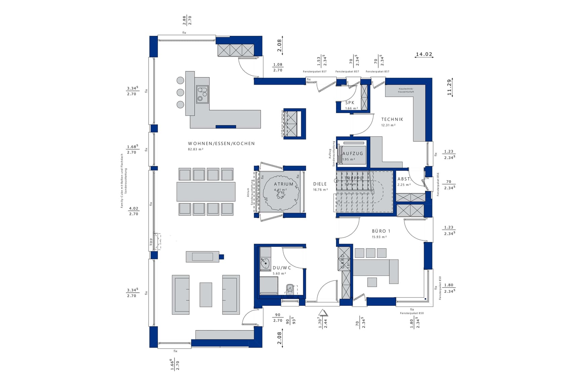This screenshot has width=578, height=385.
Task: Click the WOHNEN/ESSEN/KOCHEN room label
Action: (221, 144)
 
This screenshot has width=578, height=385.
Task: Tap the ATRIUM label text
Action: (283, 184)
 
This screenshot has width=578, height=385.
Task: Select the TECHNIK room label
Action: (392, 119)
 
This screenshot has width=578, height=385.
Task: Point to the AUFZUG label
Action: (353, 154)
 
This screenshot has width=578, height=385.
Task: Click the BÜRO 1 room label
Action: (381, 231)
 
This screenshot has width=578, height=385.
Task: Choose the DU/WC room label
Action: (282, 268)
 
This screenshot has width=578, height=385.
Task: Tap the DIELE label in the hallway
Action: (320, 184)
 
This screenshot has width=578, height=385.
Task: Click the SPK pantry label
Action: (349, 103)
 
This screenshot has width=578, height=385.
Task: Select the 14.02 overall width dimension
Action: (424, 54)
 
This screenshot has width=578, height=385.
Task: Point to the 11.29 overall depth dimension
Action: (449, 87)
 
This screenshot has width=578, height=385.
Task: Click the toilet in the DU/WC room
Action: (290, 289)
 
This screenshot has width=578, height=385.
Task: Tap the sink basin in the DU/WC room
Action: (265, 264)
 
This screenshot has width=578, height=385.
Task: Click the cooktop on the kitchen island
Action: (202, 94)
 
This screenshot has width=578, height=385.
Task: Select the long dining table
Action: (206, 192)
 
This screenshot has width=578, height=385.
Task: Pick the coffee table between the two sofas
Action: (206, 294)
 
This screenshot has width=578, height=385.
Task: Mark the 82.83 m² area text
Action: (196, 149)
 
